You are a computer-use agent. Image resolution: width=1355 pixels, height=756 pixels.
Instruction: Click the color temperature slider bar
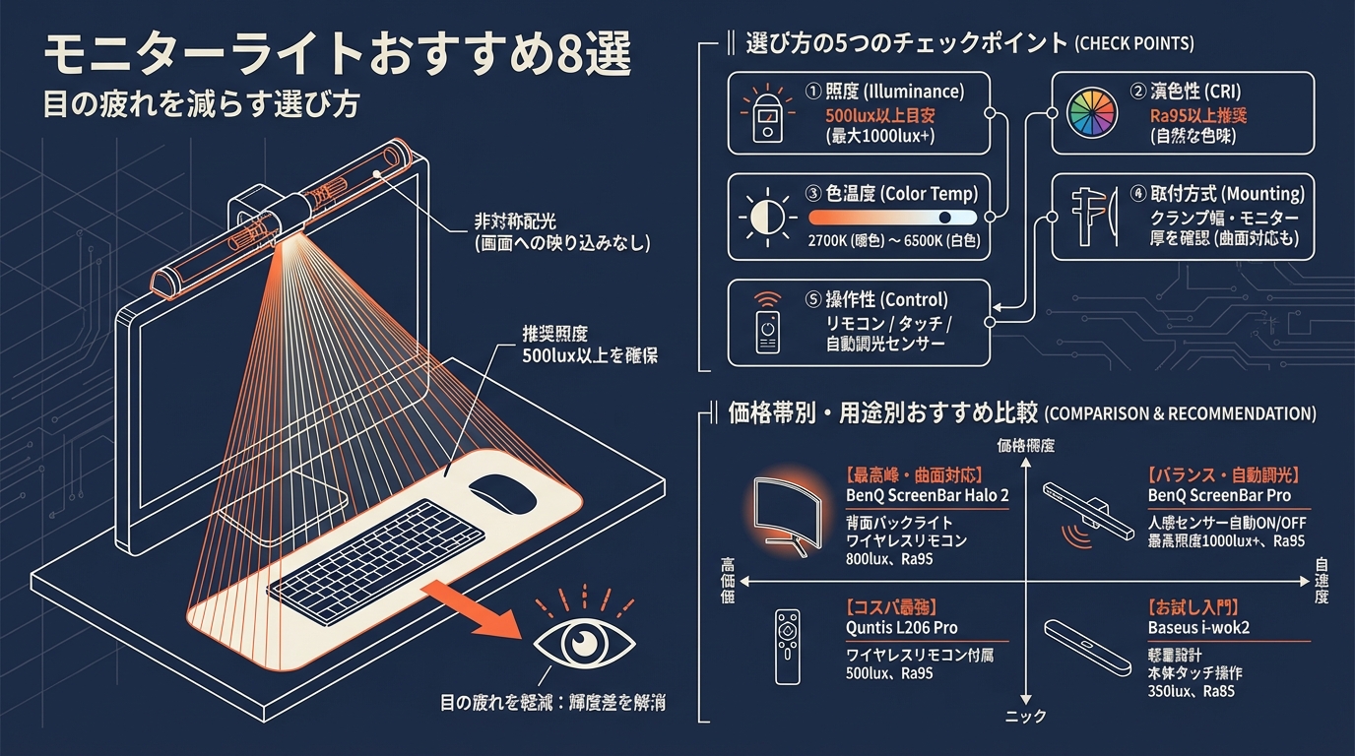[892, 218]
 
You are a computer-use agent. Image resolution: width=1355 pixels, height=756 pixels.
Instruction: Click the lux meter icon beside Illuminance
[766, 114]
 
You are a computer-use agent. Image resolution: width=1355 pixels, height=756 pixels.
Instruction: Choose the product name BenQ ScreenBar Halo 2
[927, 495]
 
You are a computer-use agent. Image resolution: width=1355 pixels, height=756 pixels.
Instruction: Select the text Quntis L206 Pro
[901, 628]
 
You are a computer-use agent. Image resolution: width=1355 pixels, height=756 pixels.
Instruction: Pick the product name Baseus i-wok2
[1198, 628]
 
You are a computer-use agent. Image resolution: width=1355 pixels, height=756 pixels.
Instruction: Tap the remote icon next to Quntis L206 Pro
[786, 646]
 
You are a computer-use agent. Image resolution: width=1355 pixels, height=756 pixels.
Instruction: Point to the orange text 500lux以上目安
[879, 115]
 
